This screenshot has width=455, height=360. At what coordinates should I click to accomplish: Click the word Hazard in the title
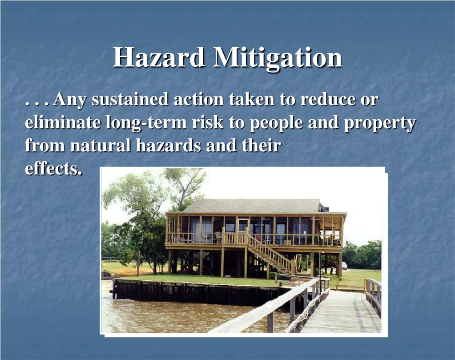click(x=158, y=58)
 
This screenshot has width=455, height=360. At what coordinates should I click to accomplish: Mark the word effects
click(x=53, y=169)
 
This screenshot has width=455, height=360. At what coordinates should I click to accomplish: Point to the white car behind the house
click(x=344, y=266)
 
